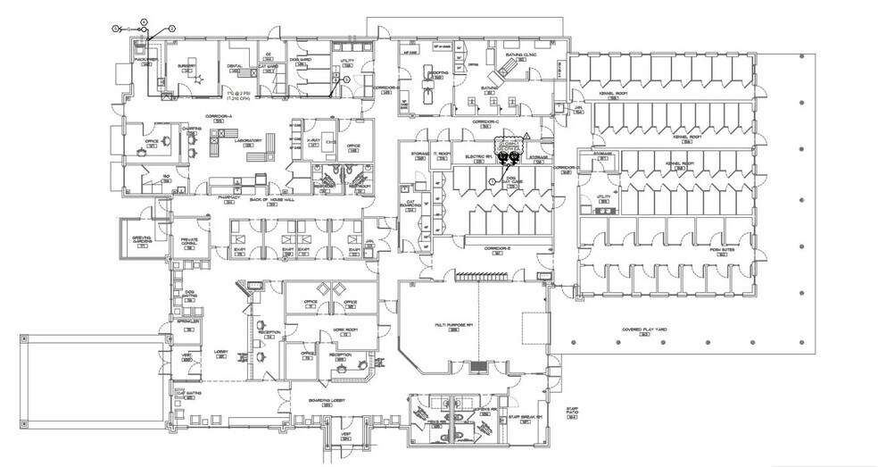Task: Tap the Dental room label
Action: [236, 66]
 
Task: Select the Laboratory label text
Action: [248, 140]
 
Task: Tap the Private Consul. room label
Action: [190, 240]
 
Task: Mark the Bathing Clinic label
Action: [520, 54]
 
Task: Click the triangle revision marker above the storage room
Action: [527, 135]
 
